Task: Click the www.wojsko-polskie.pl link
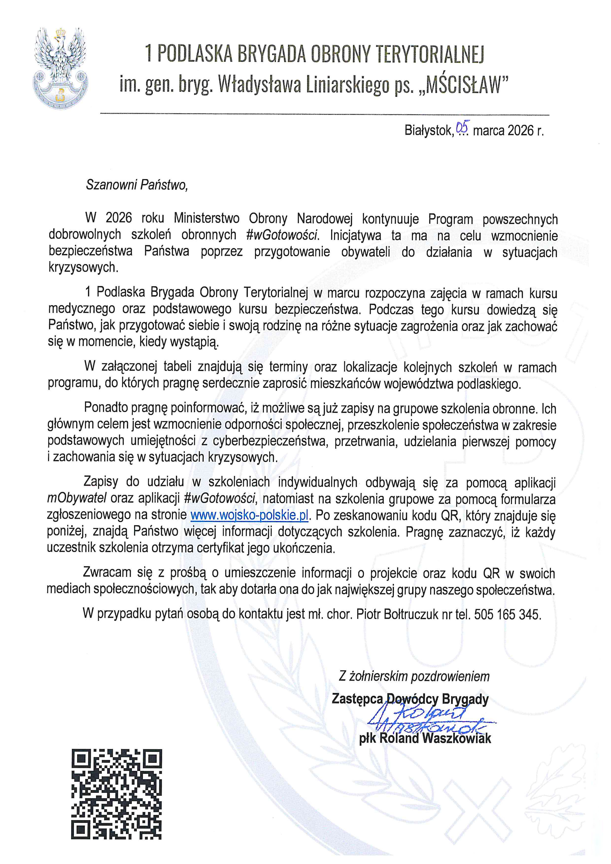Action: [249, 515]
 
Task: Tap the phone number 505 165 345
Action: [507, 614]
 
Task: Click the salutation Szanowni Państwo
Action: [136, 185]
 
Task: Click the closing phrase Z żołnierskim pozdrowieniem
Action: [414, 676]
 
